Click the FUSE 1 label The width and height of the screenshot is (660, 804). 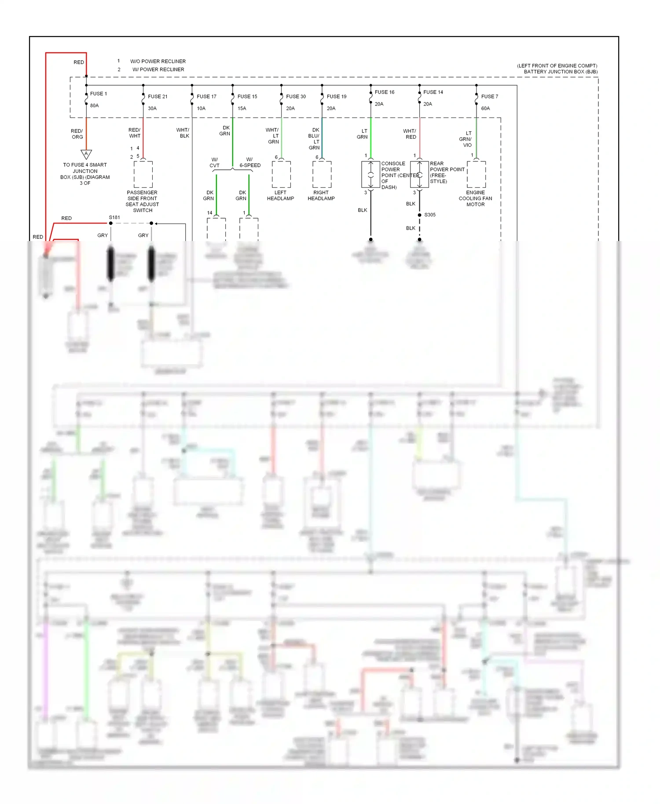pos(98,94)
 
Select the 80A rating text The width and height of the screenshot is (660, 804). pos(94,106)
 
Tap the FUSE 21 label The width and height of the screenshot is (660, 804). pos(158,96)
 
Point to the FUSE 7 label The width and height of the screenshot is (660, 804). pos(489,96)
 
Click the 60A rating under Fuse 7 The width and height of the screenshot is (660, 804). pos(485,108)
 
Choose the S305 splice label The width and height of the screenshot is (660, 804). pos(429,215)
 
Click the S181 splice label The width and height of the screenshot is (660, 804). pos(114,217)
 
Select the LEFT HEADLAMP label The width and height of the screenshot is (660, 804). pos(280,195)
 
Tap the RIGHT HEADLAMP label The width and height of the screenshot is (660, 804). pos(321,195)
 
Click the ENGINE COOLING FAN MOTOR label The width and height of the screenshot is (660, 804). pos(475,198)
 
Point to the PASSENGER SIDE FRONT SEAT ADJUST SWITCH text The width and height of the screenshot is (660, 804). pos(142,201)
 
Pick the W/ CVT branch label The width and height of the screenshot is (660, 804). pos(214,162)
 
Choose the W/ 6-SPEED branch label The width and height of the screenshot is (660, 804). pos(249,162)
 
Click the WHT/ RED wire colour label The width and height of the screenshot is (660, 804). pos(410,134)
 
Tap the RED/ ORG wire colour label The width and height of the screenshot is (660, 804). pos(77,134)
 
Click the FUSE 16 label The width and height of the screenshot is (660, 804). pos(384,92)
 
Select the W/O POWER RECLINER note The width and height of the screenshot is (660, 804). pos(158,61)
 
